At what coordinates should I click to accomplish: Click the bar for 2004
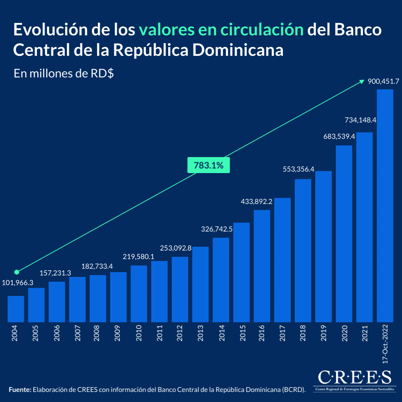16,309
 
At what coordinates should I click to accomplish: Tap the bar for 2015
242,272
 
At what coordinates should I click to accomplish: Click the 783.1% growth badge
208,166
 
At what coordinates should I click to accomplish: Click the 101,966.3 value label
18,283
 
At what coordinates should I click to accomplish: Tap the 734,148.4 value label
360,120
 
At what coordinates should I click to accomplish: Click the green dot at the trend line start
16,272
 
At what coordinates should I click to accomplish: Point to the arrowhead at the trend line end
361,82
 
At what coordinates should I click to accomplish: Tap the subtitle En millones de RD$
64,73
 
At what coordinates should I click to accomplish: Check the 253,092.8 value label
176,248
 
